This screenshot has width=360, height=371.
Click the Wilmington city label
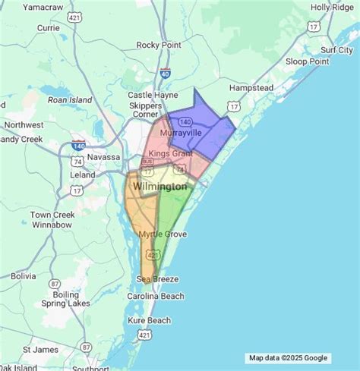159,186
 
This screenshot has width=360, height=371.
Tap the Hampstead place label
251,88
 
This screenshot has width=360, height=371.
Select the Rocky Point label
158,45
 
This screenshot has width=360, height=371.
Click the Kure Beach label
149,320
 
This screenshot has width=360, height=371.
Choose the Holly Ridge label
331,8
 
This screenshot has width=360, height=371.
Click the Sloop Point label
308,61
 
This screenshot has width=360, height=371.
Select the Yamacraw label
43,7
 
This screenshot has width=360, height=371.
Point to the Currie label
48,27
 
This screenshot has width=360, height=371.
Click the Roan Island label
70,99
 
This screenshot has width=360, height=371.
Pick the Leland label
82,174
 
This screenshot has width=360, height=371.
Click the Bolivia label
24,276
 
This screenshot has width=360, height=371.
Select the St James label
36,350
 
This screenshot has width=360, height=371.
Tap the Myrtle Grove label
163,234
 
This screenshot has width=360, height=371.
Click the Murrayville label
180,133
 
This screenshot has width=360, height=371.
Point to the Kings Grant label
169,154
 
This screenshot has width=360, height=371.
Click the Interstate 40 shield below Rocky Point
166,74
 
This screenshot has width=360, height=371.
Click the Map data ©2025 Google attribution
289,358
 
